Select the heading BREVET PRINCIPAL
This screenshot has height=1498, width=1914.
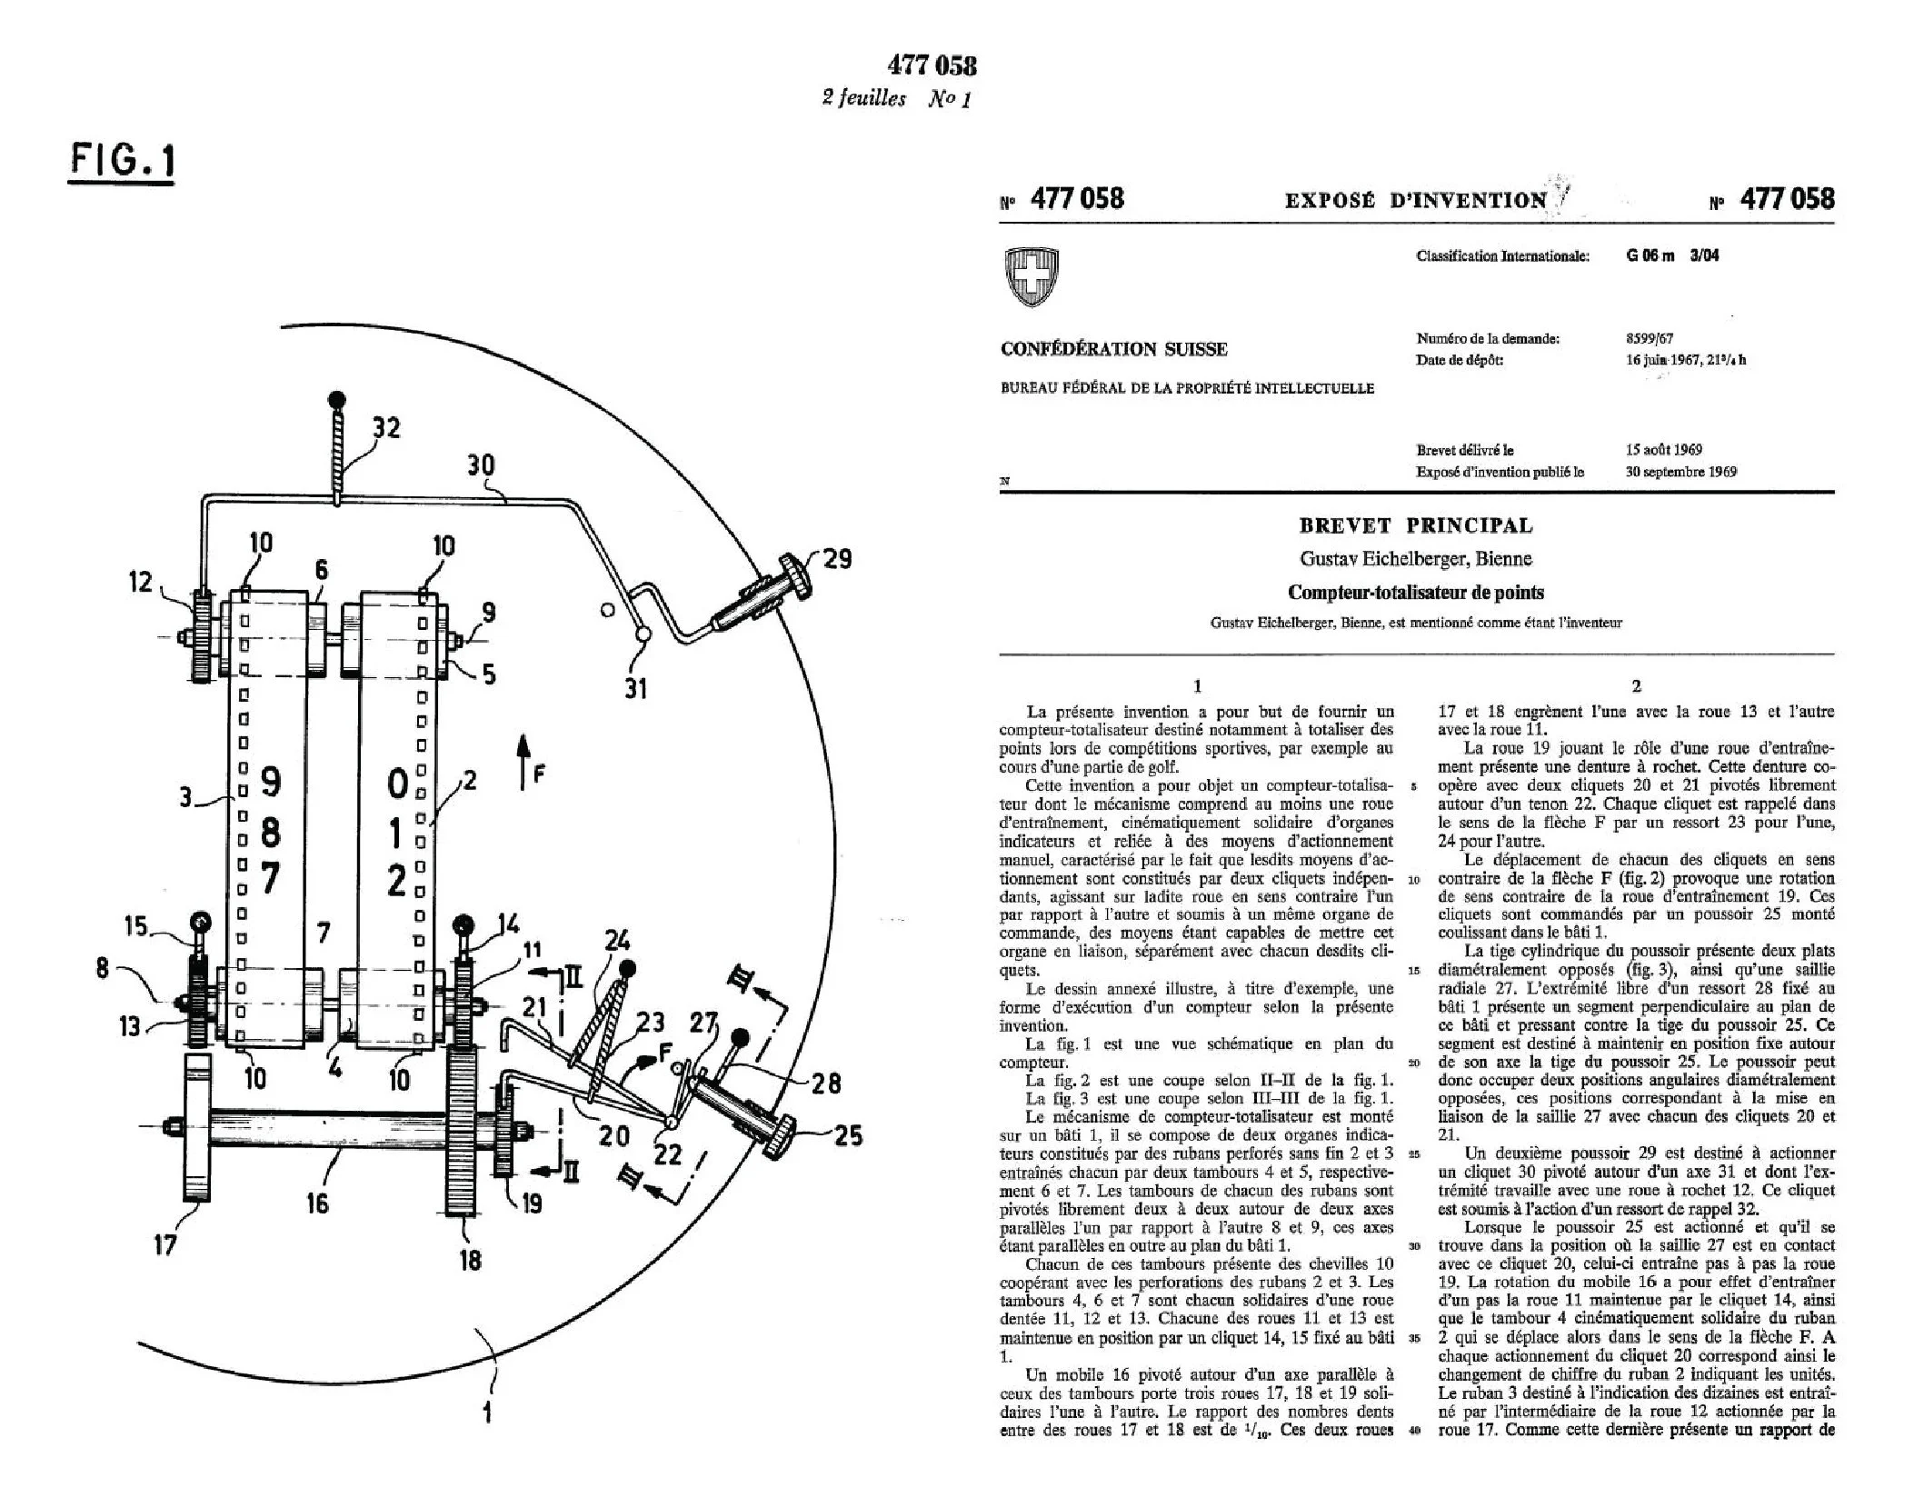point(1415,525)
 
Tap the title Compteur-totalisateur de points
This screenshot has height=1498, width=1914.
point(1415,593)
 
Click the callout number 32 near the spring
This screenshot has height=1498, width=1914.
point(385,427)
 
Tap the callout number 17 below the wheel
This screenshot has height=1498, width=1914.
point(164,1244)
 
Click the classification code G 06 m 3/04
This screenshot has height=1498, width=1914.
point(1671,255)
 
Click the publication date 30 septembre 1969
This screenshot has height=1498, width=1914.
point(1680,472)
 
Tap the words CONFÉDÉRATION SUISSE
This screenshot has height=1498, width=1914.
point(1113,349)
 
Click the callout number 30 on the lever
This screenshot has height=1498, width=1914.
point(481,465)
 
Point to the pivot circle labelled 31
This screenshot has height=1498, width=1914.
point(643,635)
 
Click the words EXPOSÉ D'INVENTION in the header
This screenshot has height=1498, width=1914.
point(1415,201)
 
